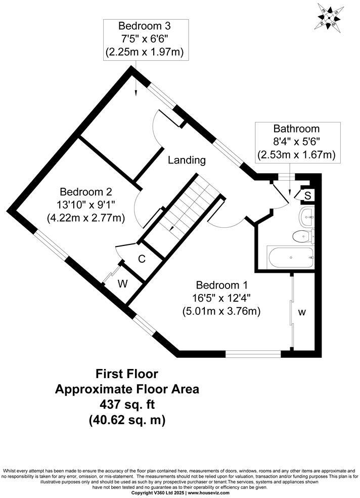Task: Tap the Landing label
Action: coord(187,160)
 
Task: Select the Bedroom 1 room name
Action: coord(221,285)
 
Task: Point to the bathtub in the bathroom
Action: coord(290,259)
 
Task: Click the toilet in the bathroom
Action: coord(304,235)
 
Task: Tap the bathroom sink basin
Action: coord(307,217)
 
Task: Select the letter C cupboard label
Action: coord(142,259)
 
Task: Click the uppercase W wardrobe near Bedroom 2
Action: coord(122,284)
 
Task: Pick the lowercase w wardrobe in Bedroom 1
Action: coord(301,313)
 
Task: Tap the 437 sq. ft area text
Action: coord(127,404)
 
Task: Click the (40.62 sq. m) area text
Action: coord(127,420)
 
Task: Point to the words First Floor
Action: coord(127,374)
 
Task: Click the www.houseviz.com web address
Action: coord(207,492)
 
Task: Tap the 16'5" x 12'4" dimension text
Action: coord(221,299)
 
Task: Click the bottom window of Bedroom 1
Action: coord(252,354)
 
